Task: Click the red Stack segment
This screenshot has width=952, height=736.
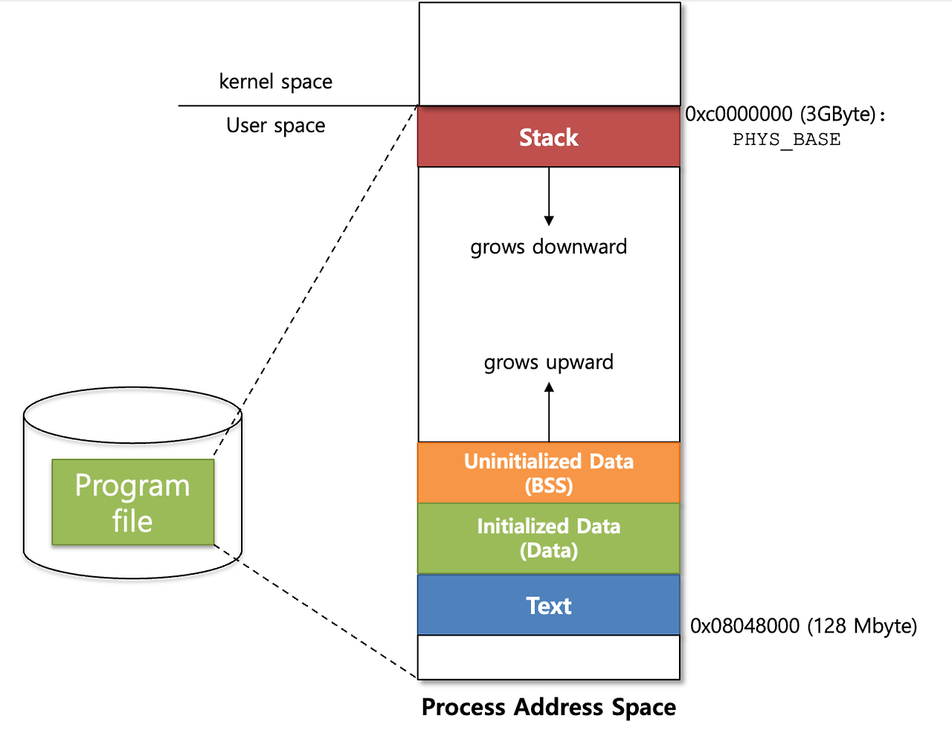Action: (548, 137)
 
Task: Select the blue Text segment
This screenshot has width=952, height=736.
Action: (548, 604)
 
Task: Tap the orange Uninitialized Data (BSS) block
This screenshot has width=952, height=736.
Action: (548, 472)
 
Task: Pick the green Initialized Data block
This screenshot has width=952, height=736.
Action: (548, 538)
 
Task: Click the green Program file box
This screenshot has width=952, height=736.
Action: (132, 502)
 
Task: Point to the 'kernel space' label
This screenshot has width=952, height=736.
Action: (276, 82)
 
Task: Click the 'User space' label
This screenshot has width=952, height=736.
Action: (276, 125)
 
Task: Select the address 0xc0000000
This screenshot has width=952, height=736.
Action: (739, 114)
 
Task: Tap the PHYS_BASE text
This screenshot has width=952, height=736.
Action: (787, 140)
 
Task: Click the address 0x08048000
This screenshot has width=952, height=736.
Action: (744, 626)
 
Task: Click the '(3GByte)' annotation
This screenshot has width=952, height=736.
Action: (838, 114)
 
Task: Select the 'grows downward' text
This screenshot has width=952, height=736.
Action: (548, 247)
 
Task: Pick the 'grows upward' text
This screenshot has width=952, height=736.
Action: (548, 363)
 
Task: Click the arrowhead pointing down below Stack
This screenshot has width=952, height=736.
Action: (548, 220)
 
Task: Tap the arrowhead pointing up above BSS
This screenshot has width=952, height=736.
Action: (548, 387)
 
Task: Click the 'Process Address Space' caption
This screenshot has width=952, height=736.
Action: (548, 707)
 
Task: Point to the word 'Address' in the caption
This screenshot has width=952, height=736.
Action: (558, 706)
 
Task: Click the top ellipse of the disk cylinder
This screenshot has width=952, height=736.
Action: (132, 415)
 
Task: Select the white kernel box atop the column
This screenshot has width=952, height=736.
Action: (550, 54)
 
